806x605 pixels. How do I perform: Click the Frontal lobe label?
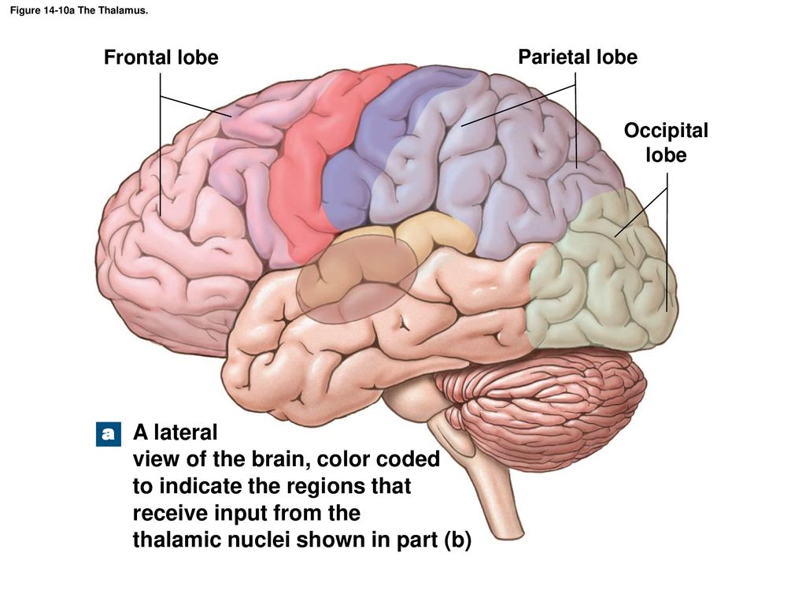tap(161, 57)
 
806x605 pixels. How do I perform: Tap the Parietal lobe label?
tap(578, 57)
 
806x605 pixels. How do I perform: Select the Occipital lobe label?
tap(666, 143)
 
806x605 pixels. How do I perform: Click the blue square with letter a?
tap(109, 434)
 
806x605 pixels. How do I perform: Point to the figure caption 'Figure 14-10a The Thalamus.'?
tap(79, 10)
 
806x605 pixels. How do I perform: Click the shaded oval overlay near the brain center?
tap(357, 280)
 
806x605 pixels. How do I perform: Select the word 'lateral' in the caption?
tap(187, 432)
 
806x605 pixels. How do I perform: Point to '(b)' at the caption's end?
tap(457, 540)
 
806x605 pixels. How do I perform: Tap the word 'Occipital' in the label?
tap(666, 132)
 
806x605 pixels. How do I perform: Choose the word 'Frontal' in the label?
tap(137, 57)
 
